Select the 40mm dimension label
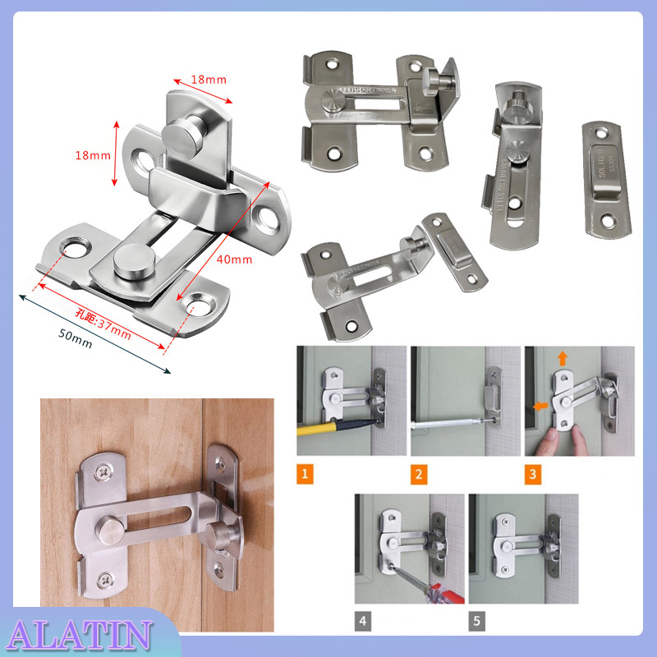point(236,260)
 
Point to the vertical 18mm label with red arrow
point(91,154)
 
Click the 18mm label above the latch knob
point(209,80)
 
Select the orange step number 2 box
point(420,474)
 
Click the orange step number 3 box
point(533,474)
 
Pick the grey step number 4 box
point(363,622)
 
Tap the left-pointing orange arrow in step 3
point(539,405)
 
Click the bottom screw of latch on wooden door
point(104,580)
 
